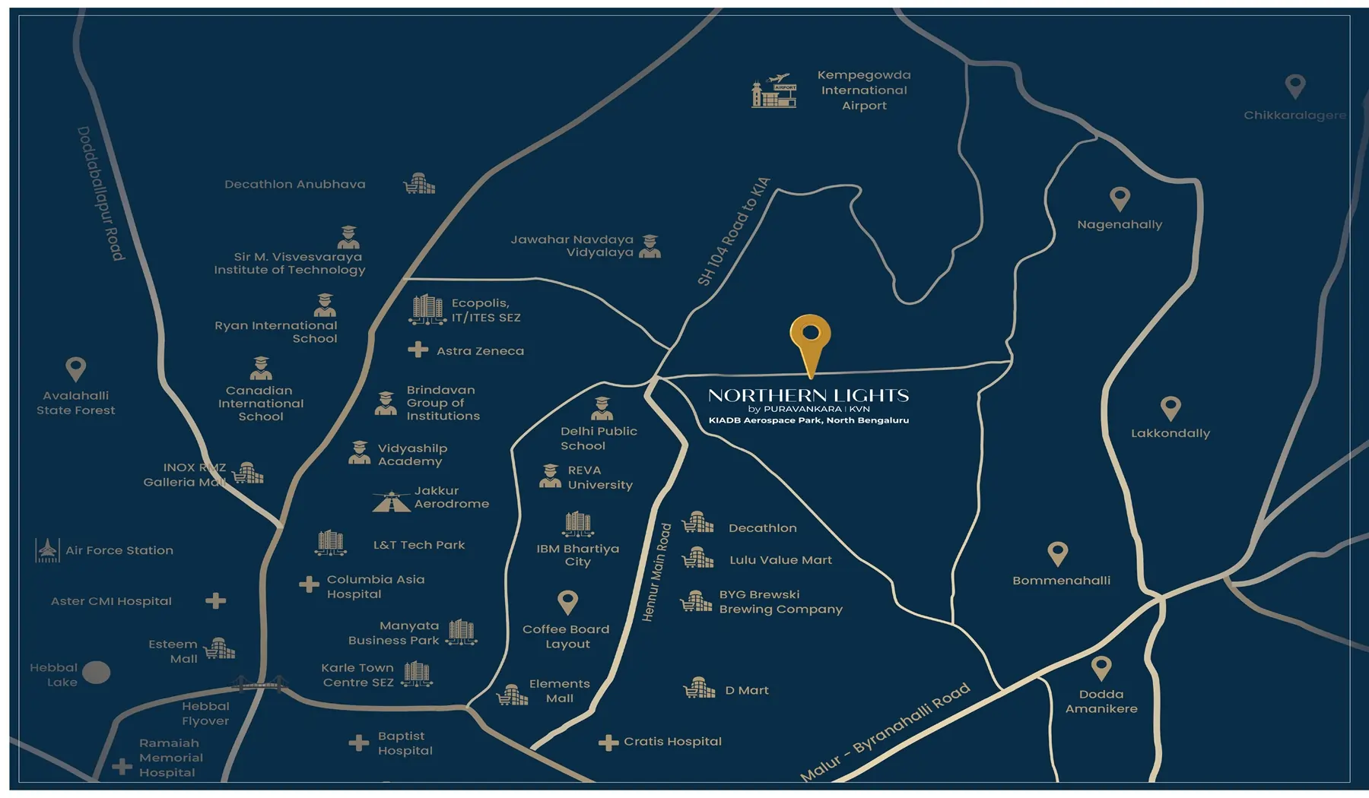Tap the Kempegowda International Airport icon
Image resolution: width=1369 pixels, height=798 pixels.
click(774, 92)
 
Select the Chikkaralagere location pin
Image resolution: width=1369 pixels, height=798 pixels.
click(1295, 86)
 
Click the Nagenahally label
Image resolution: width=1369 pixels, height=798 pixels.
click(1120, 225)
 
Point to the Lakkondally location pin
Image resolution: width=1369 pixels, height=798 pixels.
click(1170, 408)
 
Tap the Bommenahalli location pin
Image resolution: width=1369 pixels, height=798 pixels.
click(1057, 553)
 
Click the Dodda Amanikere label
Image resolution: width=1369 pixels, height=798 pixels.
click(1101, 701)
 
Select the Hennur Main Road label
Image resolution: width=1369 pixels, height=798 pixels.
click(656, 572)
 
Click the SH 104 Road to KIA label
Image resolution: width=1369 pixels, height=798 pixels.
click(734, 232)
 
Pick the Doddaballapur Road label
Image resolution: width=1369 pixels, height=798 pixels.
click(101, 194)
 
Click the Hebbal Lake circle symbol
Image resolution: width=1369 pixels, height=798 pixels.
click(96, 673)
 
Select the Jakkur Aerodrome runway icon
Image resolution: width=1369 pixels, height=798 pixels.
click(392, 502)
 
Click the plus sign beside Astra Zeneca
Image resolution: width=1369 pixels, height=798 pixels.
click(418, 350)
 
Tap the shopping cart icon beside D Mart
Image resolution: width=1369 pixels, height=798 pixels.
click(699, 689)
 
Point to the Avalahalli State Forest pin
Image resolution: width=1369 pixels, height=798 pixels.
click(75, 369)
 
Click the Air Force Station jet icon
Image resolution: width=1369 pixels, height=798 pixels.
click(47, 550)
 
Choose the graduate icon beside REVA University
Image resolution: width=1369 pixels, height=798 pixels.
click(550, 477)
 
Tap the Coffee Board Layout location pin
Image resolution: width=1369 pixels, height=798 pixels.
click(567, 602)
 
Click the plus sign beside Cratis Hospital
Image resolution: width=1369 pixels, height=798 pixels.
click(608, 743)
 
